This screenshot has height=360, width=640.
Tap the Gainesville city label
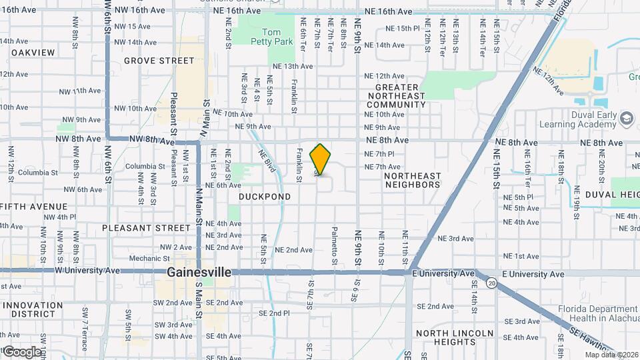[x=199, y=273]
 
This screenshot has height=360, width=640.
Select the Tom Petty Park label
[x=277, y=37]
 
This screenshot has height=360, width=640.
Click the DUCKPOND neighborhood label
[x=265, y=197]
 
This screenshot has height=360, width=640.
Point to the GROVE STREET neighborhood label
[x=159, y=61]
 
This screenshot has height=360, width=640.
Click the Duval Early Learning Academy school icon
[x=626, y=119]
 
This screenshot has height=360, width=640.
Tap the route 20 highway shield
[x=491, y=283]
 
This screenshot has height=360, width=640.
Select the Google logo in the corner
[x=21, y=351]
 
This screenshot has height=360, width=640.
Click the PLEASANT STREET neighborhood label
[x=146, y=228]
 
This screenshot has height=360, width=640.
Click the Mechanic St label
[x=145, y=259]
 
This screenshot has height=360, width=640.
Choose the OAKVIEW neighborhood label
[x=33, y=52]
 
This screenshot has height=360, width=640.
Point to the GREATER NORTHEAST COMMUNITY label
[x=396, y=96]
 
